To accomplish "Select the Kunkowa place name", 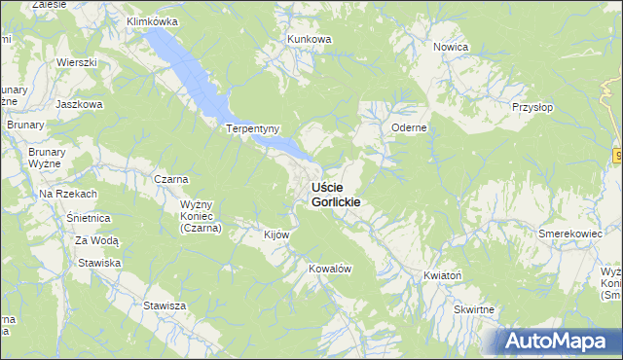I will [310, 39].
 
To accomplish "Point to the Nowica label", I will [452, 47].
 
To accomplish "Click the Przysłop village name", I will [533, 109].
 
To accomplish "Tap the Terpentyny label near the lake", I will [253, 128].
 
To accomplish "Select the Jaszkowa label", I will [79, 104].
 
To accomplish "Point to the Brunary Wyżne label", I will [46, 159].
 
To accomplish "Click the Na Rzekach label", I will [68, 195].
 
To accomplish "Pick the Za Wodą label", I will [97, 240].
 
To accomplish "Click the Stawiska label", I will [99, 263].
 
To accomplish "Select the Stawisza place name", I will [165, 306].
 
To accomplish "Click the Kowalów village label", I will [329, 268].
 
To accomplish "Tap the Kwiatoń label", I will [442, 276].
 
